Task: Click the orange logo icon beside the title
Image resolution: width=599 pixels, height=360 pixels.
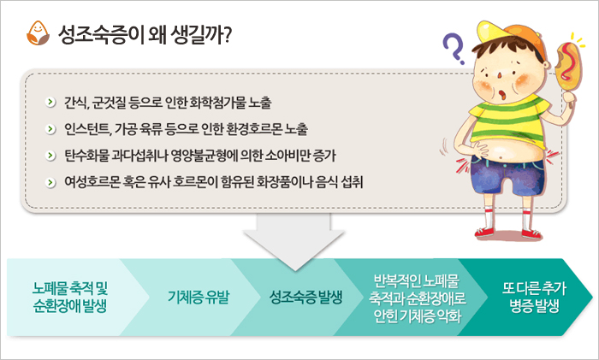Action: click(38, 33)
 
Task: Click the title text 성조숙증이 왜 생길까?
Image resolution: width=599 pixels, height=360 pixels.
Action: click(145, 35)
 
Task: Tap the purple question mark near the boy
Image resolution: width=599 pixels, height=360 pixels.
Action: click(454, 49)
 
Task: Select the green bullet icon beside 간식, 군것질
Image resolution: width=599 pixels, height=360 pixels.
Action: click(50, 103)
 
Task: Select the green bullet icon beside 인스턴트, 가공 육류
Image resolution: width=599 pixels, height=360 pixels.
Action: click(50, 129)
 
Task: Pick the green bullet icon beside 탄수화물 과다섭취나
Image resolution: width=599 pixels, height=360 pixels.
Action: click(50, 156)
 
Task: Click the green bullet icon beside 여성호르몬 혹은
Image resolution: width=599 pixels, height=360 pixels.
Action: click(50, 182)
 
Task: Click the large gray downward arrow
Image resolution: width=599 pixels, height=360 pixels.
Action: click(294, 240)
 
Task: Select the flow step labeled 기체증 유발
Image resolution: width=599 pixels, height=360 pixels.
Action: click(199, 297)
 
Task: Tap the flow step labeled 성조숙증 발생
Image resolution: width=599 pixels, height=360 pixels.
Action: click(305, 297)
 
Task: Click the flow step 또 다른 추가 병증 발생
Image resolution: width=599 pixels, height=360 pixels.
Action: click(534, 297)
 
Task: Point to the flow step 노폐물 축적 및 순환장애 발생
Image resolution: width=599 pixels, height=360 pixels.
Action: click(71, 297)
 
